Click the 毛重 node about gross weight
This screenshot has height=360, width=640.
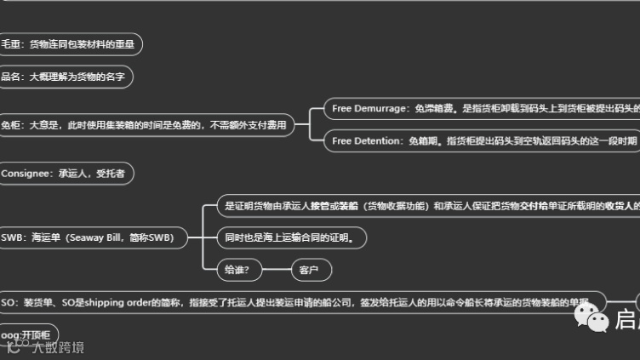click(x=71, y=43)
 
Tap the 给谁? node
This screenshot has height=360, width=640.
click(x=239, y=270)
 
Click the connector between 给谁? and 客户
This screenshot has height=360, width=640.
click(x=277, y=270)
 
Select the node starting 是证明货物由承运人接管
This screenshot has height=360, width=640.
click(x=426, y=206)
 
